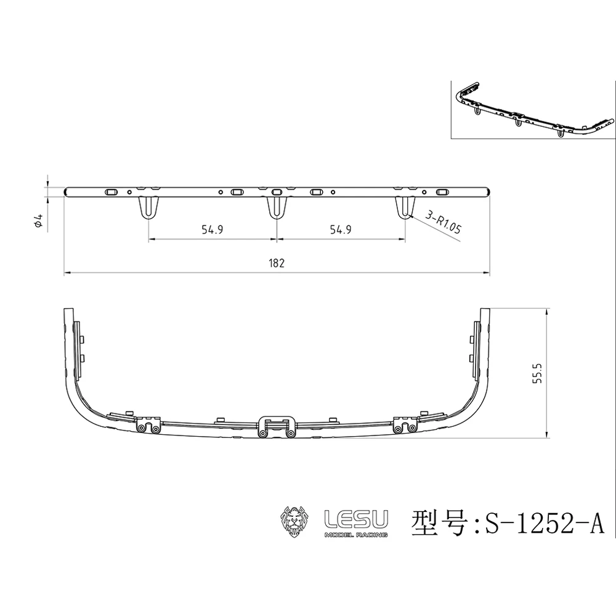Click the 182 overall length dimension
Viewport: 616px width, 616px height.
277,263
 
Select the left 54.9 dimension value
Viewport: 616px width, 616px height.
211,230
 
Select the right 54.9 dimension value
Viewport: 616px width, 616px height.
341,230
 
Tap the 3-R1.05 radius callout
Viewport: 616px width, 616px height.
443,223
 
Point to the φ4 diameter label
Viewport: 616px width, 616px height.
38,222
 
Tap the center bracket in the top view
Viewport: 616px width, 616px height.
277,426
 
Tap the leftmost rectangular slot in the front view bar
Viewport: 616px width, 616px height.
111,192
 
